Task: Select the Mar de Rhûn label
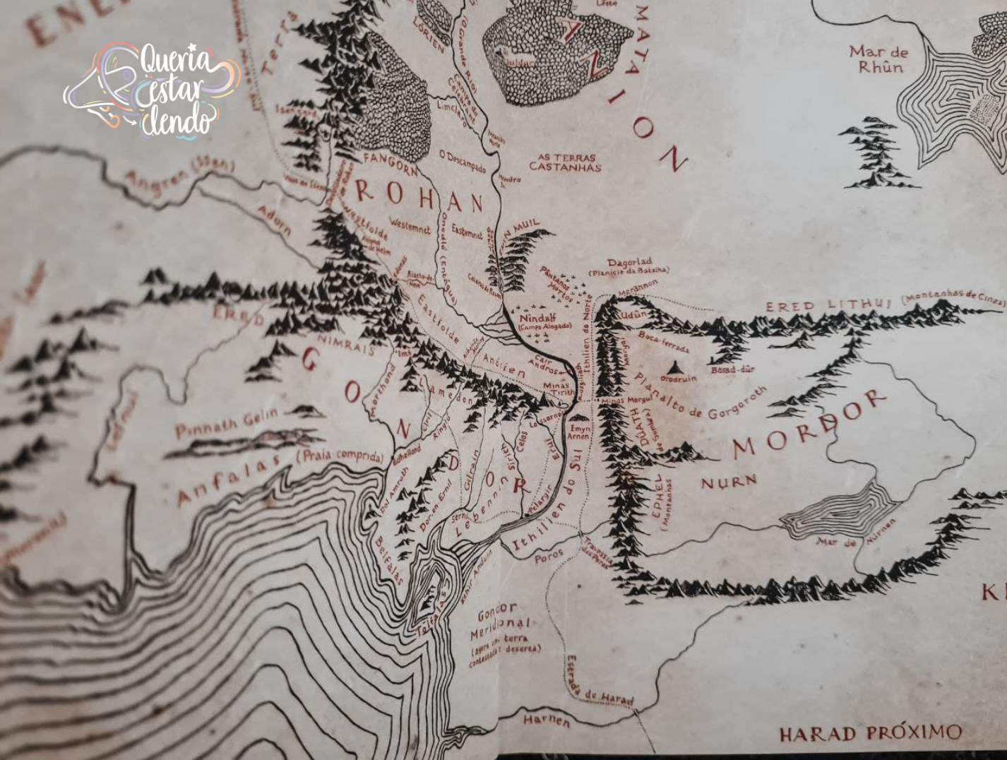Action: pos(878,60)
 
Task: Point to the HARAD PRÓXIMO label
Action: pos(870,733)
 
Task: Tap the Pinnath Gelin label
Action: pos(227,423)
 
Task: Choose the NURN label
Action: pos(728,482)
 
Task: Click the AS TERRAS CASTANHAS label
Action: pos(566,162)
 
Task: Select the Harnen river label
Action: pos(546,720)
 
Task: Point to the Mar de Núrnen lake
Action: pos(840,509)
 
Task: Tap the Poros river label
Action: pos(548,556)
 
